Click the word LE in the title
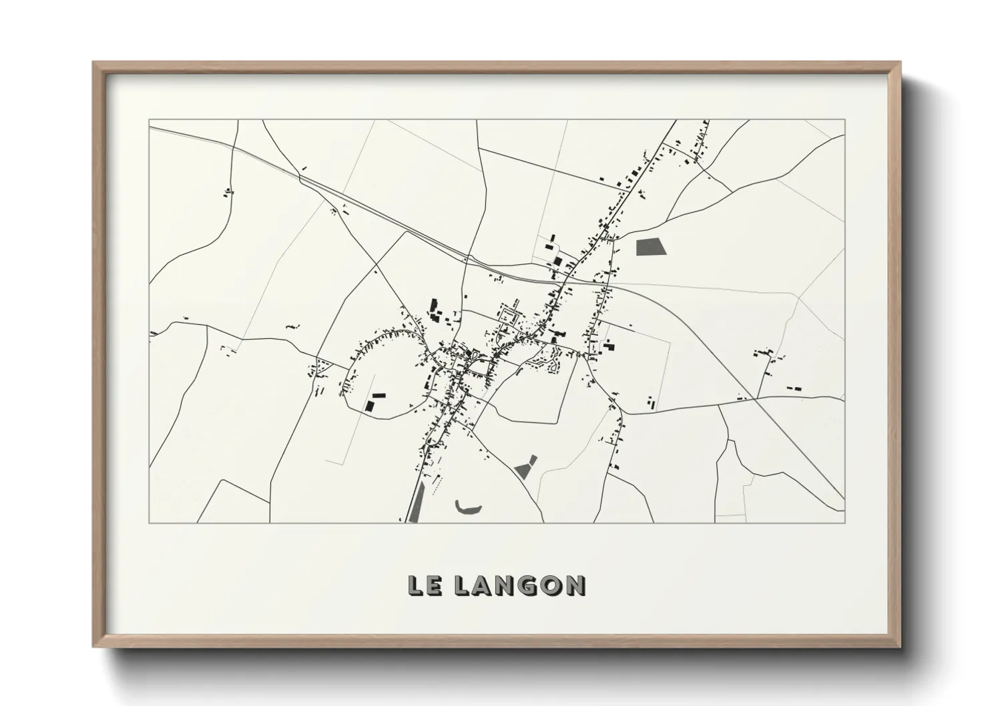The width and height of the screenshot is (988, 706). click(423, 585)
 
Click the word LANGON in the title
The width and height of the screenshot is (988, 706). click(520, 585)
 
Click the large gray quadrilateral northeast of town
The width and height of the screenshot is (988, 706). click(651, 247)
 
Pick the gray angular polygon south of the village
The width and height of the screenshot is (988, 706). click(526, 466)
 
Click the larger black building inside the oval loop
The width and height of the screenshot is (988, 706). click(369, 405)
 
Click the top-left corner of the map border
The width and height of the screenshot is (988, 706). click(149, 120)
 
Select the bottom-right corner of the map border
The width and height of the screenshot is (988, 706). click(845, 522)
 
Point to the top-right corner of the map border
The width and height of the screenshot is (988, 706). click(845, 120)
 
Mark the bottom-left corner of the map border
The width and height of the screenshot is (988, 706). click(149, 522)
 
